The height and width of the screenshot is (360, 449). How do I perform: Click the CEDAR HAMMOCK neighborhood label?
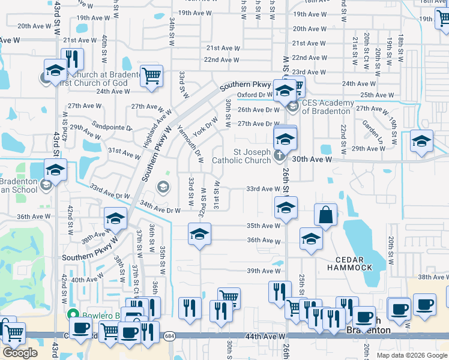(354, 263)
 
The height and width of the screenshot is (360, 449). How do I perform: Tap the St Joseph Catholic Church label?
(241, 156)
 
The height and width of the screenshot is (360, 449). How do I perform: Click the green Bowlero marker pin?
(73, 314)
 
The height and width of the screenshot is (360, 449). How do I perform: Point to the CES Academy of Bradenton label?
(328, 106)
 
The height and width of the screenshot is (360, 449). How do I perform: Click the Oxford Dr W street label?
(255, 95)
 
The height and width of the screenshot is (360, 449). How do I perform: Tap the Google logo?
(19, 352)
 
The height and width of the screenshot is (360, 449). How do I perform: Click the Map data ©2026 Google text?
(412, 355)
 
